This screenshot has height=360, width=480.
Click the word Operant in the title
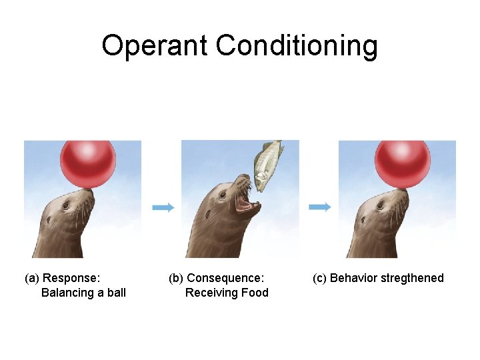(155, 46)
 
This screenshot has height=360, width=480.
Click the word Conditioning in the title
(297, 46)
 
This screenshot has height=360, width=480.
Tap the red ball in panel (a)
(88, 163)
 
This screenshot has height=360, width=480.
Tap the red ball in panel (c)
(402, 163)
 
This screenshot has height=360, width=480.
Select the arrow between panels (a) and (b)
(163, 207)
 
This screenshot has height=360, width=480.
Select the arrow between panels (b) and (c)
(320, 207)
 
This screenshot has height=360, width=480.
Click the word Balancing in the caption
(65, 293)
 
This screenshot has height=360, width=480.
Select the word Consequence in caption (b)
(225, 278)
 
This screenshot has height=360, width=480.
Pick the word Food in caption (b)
(256, 293)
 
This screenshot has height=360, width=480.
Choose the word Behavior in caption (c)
(353, 278)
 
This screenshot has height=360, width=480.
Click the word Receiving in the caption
(212, 293)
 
